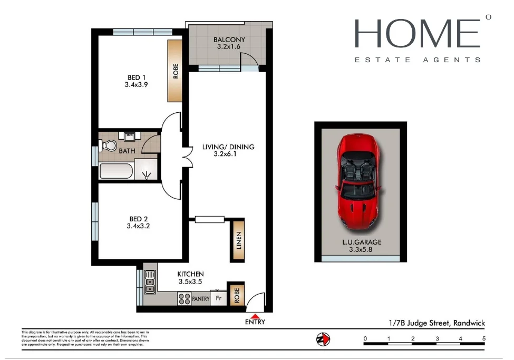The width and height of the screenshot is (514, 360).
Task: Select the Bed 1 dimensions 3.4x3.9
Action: click(x=135, y=84)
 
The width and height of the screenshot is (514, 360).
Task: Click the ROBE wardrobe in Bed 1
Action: click(x=175, y=71)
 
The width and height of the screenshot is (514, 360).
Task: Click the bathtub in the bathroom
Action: click(x=116, y=171)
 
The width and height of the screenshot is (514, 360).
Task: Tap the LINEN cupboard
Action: click(x=238, y=240)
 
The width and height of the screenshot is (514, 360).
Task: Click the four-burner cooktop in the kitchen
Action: click(x=184, y=299)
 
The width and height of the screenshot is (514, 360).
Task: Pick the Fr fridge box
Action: click(x=218, y=299)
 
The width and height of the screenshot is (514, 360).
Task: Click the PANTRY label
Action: click(x=200, y=299)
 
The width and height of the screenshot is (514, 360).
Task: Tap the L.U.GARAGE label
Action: click(x=361, y=242)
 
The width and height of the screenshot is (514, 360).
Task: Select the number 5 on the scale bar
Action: click(x=483, y=338)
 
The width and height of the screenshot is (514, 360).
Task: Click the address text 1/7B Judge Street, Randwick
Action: click(x=433, y=323)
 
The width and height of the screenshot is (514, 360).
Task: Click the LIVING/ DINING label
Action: click(x=228, y=147)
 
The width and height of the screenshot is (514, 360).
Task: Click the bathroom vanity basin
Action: click(x=128, y=136)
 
